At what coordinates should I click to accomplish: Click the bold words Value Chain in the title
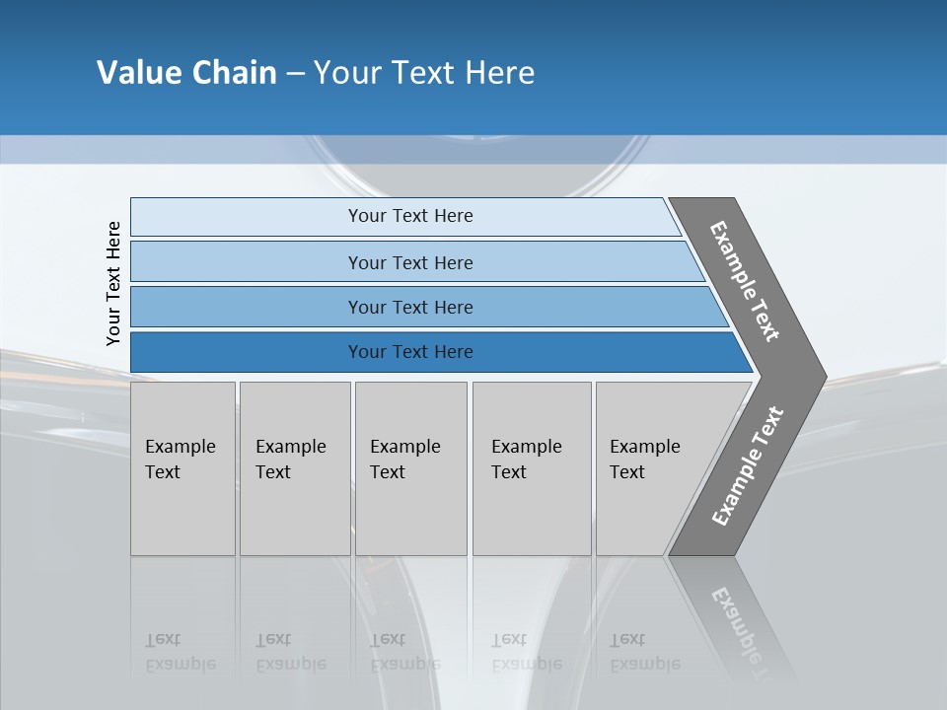186,73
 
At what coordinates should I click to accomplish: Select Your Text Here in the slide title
424,73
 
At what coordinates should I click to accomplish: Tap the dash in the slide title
295,74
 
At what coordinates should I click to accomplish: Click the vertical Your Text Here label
113,283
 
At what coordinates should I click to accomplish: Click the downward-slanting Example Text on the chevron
746,281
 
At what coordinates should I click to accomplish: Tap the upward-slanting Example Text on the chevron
747,466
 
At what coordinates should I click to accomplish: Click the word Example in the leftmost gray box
180,447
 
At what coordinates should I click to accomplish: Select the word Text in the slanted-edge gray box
626,472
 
